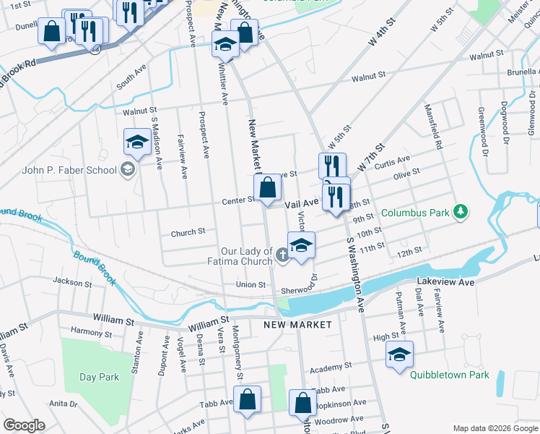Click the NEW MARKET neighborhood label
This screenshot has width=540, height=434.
(297, 325)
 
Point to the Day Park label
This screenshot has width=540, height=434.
(99, 377)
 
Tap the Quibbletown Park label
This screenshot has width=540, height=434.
(449, 375)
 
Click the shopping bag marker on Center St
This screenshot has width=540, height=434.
(268, 188)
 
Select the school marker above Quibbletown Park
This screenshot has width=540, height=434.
(399, 354)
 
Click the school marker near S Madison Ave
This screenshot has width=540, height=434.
(136, 142)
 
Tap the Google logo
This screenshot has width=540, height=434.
(24, 425)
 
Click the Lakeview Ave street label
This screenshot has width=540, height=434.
(445, 281)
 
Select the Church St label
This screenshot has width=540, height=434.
(188, 232)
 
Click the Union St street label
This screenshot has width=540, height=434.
(251, 285)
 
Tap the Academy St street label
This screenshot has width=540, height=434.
(330, 367)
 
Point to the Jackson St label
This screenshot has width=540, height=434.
(67, 281)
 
